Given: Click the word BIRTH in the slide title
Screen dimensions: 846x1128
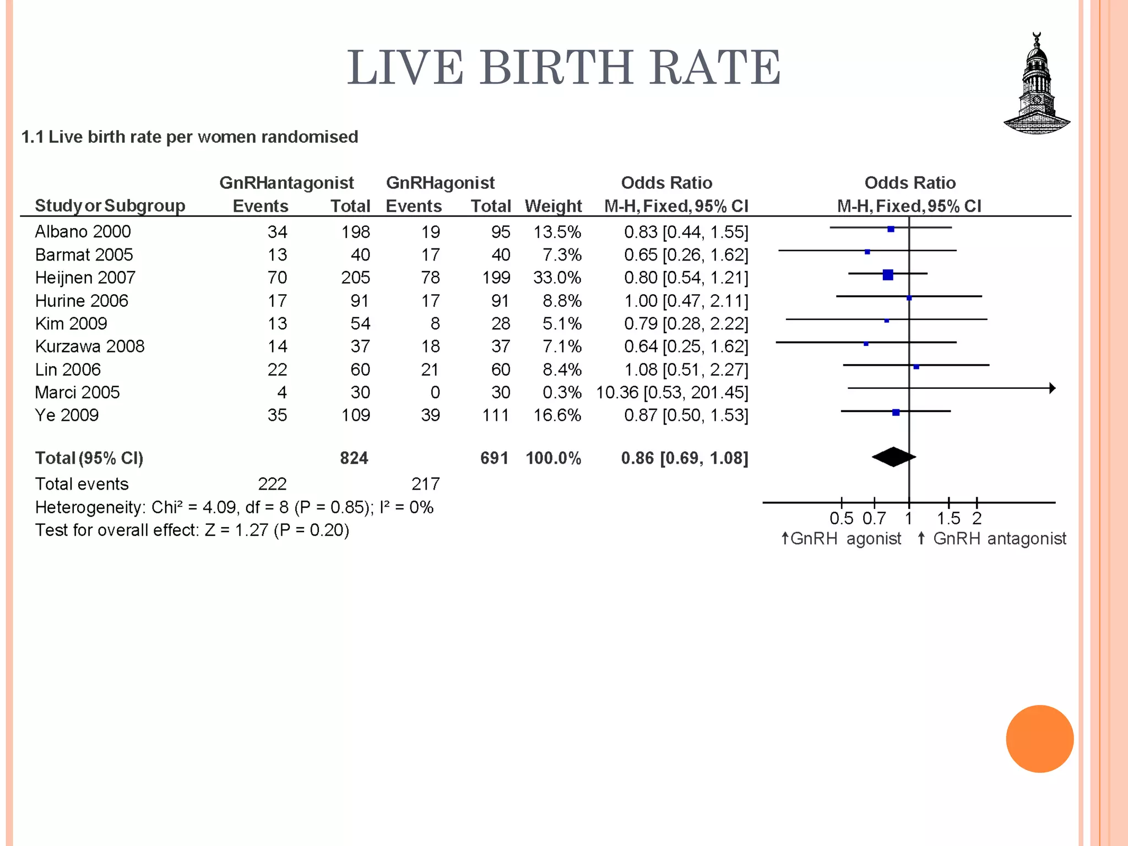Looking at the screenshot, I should [556, 68].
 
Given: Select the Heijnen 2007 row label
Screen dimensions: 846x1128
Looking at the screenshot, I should [85, 278].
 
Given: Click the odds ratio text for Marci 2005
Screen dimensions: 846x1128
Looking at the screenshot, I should [672, 393].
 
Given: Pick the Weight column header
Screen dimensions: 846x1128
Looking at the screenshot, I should [553, 206].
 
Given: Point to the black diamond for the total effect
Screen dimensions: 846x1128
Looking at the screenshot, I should [893, 457].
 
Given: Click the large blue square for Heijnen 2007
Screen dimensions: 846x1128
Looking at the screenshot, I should [887, 274].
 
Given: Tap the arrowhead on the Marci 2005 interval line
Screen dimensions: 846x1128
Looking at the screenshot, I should [1052, 388].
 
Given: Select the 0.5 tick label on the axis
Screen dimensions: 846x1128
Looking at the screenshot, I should [841, 518].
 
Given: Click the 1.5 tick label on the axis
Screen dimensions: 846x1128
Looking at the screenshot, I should [948, 518].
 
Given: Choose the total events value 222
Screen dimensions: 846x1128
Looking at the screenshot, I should [272, 484].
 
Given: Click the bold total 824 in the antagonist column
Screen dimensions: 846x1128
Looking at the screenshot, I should [354, 458].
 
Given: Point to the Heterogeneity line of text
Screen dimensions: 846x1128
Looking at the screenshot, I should [234, 507].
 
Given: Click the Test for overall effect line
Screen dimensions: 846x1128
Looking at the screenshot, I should [192, 530].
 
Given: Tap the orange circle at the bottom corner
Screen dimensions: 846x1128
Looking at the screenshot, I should [1039, 739].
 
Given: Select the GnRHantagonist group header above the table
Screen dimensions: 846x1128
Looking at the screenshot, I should [286, 183].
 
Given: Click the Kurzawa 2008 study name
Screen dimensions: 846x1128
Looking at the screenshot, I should [89, 346].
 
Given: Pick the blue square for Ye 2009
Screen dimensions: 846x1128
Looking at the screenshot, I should [896, 412].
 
